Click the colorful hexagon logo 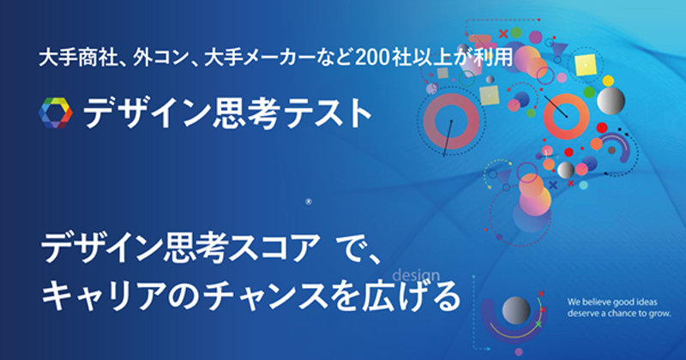click(56, 113)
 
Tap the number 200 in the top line click(373, 58)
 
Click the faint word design click(416, 276)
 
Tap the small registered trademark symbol click(309, 201)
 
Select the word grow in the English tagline click(659, 313)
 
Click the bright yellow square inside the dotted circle click(586, 65)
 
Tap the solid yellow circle click(608, 81)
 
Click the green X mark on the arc click(539, 324)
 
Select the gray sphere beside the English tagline click(516, 310)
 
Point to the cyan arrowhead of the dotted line click(487, 349)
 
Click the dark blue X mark click(553, 185)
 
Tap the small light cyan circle click(583, 185)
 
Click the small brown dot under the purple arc click(611, 151)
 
